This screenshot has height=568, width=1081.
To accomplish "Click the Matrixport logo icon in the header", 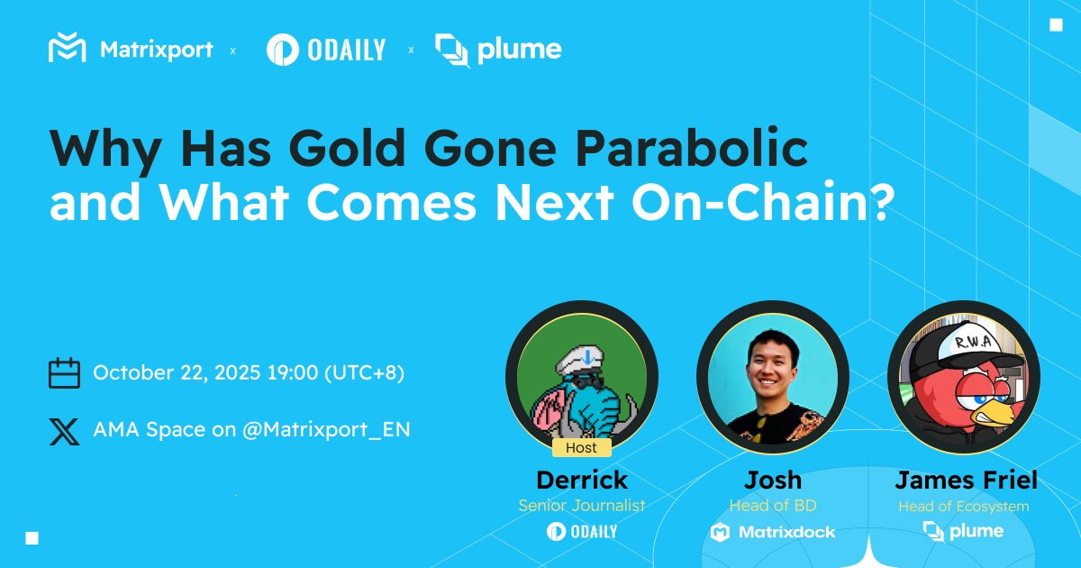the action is (x=67, y=47).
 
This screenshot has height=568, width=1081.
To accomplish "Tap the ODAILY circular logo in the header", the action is (x=282, y=50).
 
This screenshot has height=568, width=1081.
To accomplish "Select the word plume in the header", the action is (x=519, y=50).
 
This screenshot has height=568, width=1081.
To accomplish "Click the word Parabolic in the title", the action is (x=692, y=148).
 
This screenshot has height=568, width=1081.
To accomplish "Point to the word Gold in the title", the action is (x=347, y=148).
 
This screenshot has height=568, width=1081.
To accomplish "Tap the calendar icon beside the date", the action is (x=64, y=373).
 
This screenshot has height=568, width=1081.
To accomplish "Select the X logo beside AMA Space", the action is (x=64, y=431).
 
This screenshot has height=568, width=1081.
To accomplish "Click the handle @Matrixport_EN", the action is (x=326, y=429).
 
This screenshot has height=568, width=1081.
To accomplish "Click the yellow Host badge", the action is (x=582, y=448).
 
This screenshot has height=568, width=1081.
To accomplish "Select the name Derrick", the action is (x=582, y=480).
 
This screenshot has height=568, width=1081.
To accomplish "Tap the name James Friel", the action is (x=966, y=480).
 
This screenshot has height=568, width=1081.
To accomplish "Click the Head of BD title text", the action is (x=773, y=505).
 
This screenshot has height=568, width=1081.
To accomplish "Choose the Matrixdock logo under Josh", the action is (x=772, y=532).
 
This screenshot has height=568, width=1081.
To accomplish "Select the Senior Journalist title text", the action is (x=582, y=505).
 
